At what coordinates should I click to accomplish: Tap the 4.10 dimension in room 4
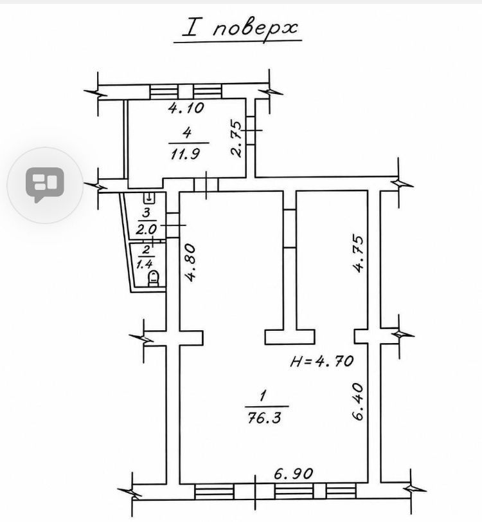186,108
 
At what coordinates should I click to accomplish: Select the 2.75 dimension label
237,138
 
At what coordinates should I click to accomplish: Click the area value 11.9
186,154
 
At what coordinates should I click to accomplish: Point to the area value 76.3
265,417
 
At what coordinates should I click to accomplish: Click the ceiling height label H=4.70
321,361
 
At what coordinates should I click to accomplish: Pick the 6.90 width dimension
294,473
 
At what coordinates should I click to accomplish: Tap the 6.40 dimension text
357,402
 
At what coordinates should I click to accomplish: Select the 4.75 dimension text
359,254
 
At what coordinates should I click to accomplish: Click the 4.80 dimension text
191,263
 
